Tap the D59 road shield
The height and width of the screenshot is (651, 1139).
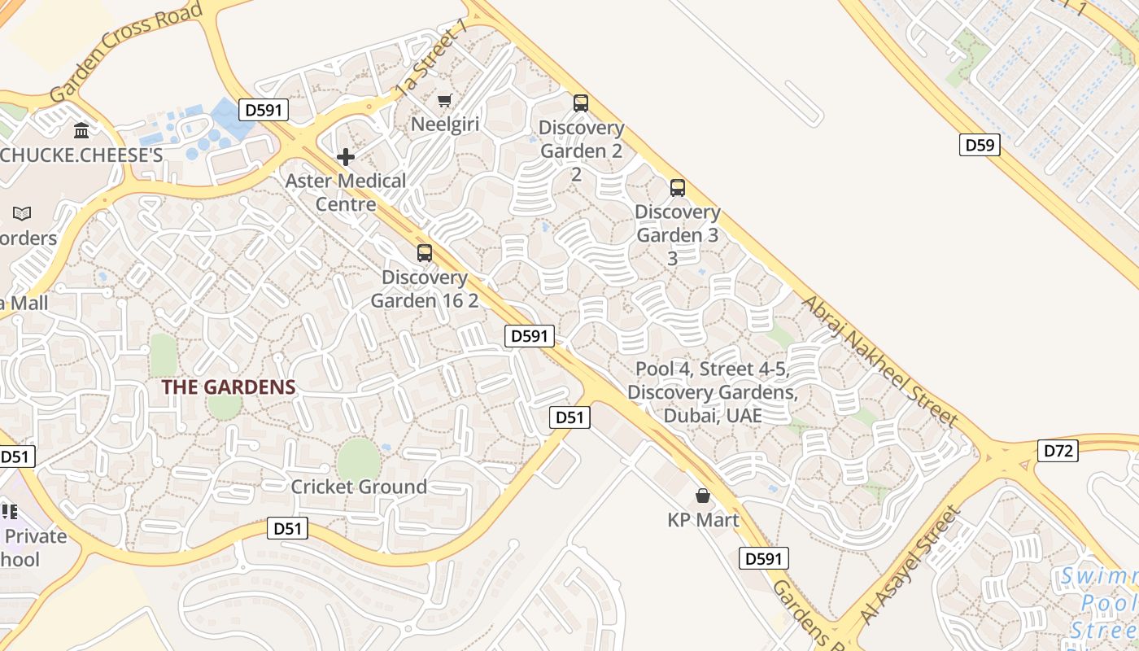980,145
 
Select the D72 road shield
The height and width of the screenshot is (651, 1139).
1058,450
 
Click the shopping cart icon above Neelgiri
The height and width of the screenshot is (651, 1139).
444,100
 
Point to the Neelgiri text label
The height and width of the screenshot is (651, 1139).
444,125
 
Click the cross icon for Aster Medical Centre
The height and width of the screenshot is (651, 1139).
346,157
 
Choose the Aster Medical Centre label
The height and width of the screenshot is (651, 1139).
346,192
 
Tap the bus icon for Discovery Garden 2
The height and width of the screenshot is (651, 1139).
581,103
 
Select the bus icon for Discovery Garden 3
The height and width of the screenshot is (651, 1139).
678,188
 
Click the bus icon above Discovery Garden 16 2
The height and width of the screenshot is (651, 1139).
425,253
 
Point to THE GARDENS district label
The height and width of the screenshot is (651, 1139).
228,387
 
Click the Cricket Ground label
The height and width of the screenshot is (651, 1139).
359,487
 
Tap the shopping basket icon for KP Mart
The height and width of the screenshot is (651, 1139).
703,496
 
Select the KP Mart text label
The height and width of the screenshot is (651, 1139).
703,520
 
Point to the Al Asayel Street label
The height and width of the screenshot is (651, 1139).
911,566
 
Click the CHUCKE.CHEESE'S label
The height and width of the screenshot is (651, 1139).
81,155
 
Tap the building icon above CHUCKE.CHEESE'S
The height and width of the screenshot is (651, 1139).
81,130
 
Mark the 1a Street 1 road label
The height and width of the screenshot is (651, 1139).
432,58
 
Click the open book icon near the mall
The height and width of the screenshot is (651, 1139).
22,214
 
